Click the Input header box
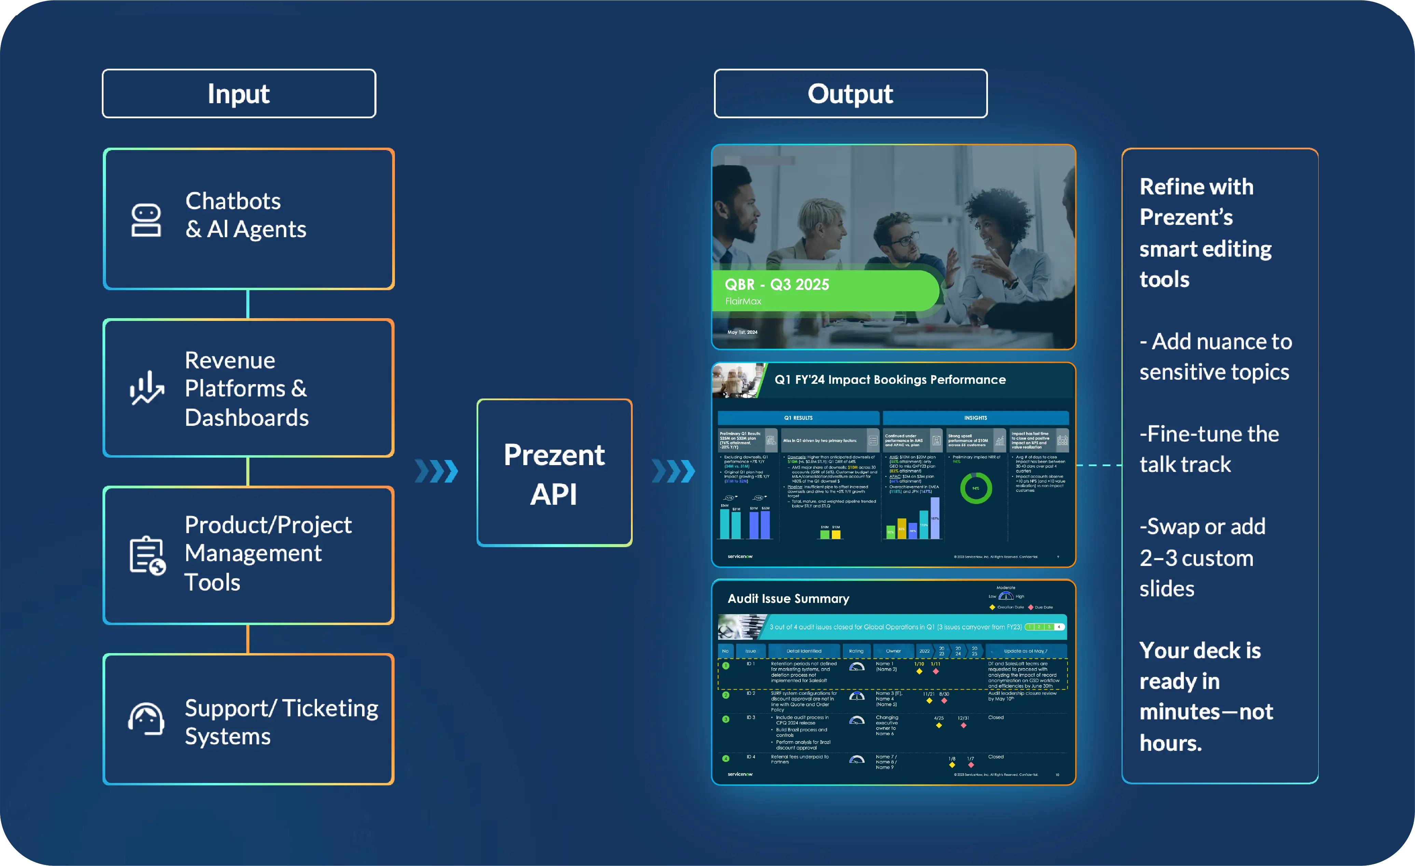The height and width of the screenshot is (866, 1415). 239,94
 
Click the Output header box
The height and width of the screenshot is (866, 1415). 851,94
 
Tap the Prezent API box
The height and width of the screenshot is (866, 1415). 554,472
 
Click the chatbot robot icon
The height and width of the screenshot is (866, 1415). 146,220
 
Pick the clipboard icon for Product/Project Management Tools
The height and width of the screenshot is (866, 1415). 147,555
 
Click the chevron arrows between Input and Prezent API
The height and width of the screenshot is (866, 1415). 437,471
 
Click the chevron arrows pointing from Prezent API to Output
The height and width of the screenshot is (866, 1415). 674,471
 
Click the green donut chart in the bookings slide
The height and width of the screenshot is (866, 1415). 976,488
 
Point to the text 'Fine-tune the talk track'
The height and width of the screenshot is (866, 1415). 1209,449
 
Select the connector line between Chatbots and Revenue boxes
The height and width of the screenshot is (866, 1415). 248,304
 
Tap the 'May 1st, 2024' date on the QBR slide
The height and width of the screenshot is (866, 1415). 742,332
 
